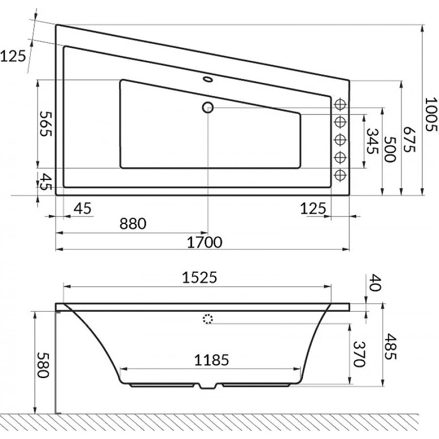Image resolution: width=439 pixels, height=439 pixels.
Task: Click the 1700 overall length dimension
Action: pyautogui.click(x=204, y=242)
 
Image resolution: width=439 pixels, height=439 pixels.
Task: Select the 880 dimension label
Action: pyautogui.click(x=133, y=224)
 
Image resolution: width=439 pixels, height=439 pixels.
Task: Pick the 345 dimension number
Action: pyautogui.click(x=372, y=141)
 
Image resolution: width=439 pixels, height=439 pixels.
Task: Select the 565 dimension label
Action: pyautogui.click(x=45, y=124)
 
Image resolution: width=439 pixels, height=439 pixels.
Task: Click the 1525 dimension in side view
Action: pyautogui.click(x=200, y=278)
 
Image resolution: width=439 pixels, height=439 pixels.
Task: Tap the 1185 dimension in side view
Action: pyautogui.click(x=212, y=360)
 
